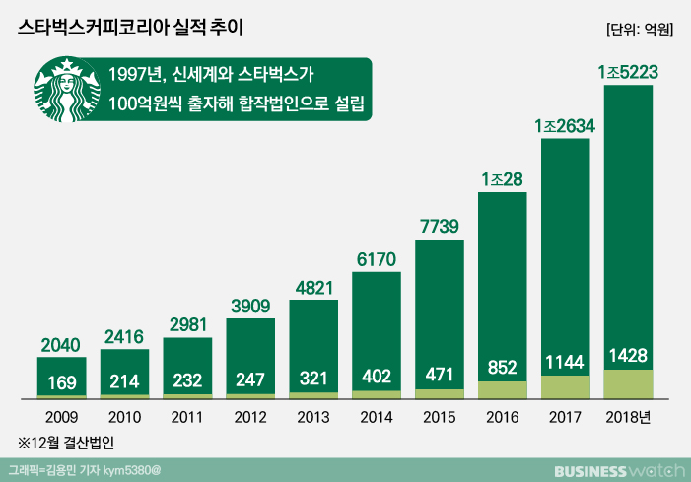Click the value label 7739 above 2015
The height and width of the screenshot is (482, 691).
[439, 226]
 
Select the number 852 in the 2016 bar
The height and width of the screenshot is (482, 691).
[502, 366]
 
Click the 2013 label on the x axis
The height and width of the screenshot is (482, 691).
[313, 417]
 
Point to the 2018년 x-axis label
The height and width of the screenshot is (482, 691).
[631, 417]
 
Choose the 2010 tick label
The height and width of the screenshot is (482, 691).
[124, 417]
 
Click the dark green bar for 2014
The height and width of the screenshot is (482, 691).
[376, 315]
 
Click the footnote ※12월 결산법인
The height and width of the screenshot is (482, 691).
[73, 442]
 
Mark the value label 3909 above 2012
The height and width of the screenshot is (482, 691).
[250, 306]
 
